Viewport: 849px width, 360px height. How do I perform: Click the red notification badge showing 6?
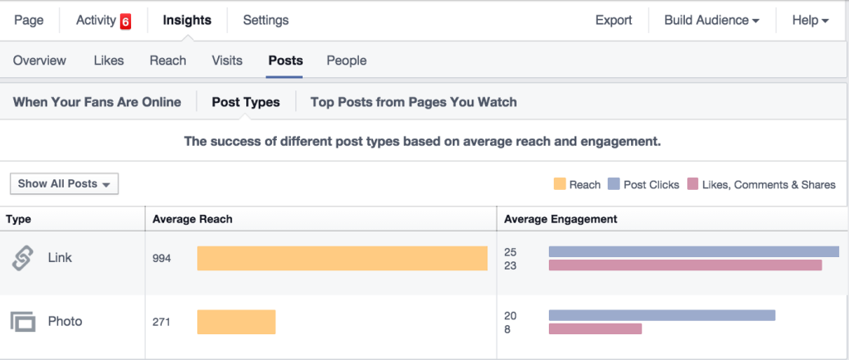[x=125, y=22]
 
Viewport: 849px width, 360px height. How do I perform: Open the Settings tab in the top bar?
[x=265, y=20]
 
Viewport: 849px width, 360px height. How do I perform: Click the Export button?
[x=614, y=20]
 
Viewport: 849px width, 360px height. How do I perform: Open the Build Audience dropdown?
[x=711, y=20]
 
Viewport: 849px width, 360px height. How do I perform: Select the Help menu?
[x=810, y=20]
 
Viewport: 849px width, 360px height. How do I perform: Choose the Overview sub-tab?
[x=40, y=61]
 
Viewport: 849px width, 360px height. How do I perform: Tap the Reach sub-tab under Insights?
[x=167, y=61]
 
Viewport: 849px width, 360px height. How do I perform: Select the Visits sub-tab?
[x=227, y=61]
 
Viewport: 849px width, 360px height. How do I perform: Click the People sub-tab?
[x=347, y=61]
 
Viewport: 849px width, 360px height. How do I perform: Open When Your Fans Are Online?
[x=97, y=102]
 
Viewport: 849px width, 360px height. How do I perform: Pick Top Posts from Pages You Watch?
[x=413, y=102]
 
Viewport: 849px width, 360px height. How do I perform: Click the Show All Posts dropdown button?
[x=64, y=184]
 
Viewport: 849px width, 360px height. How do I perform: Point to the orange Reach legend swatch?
[x=559, y=184]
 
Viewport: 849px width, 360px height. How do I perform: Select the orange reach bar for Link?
[x=342, y=258]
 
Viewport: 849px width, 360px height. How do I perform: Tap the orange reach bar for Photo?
[x=236, y=322]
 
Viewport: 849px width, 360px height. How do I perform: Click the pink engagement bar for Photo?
[x=595, y=329]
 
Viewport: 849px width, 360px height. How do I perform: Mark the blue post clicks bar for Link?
[x=693, y=251]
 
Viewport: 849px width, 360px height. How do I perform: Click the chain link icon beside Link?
[x=22, y=258]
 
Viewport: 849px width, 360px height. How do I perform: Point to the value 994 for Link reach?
[x=162, y=258]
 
